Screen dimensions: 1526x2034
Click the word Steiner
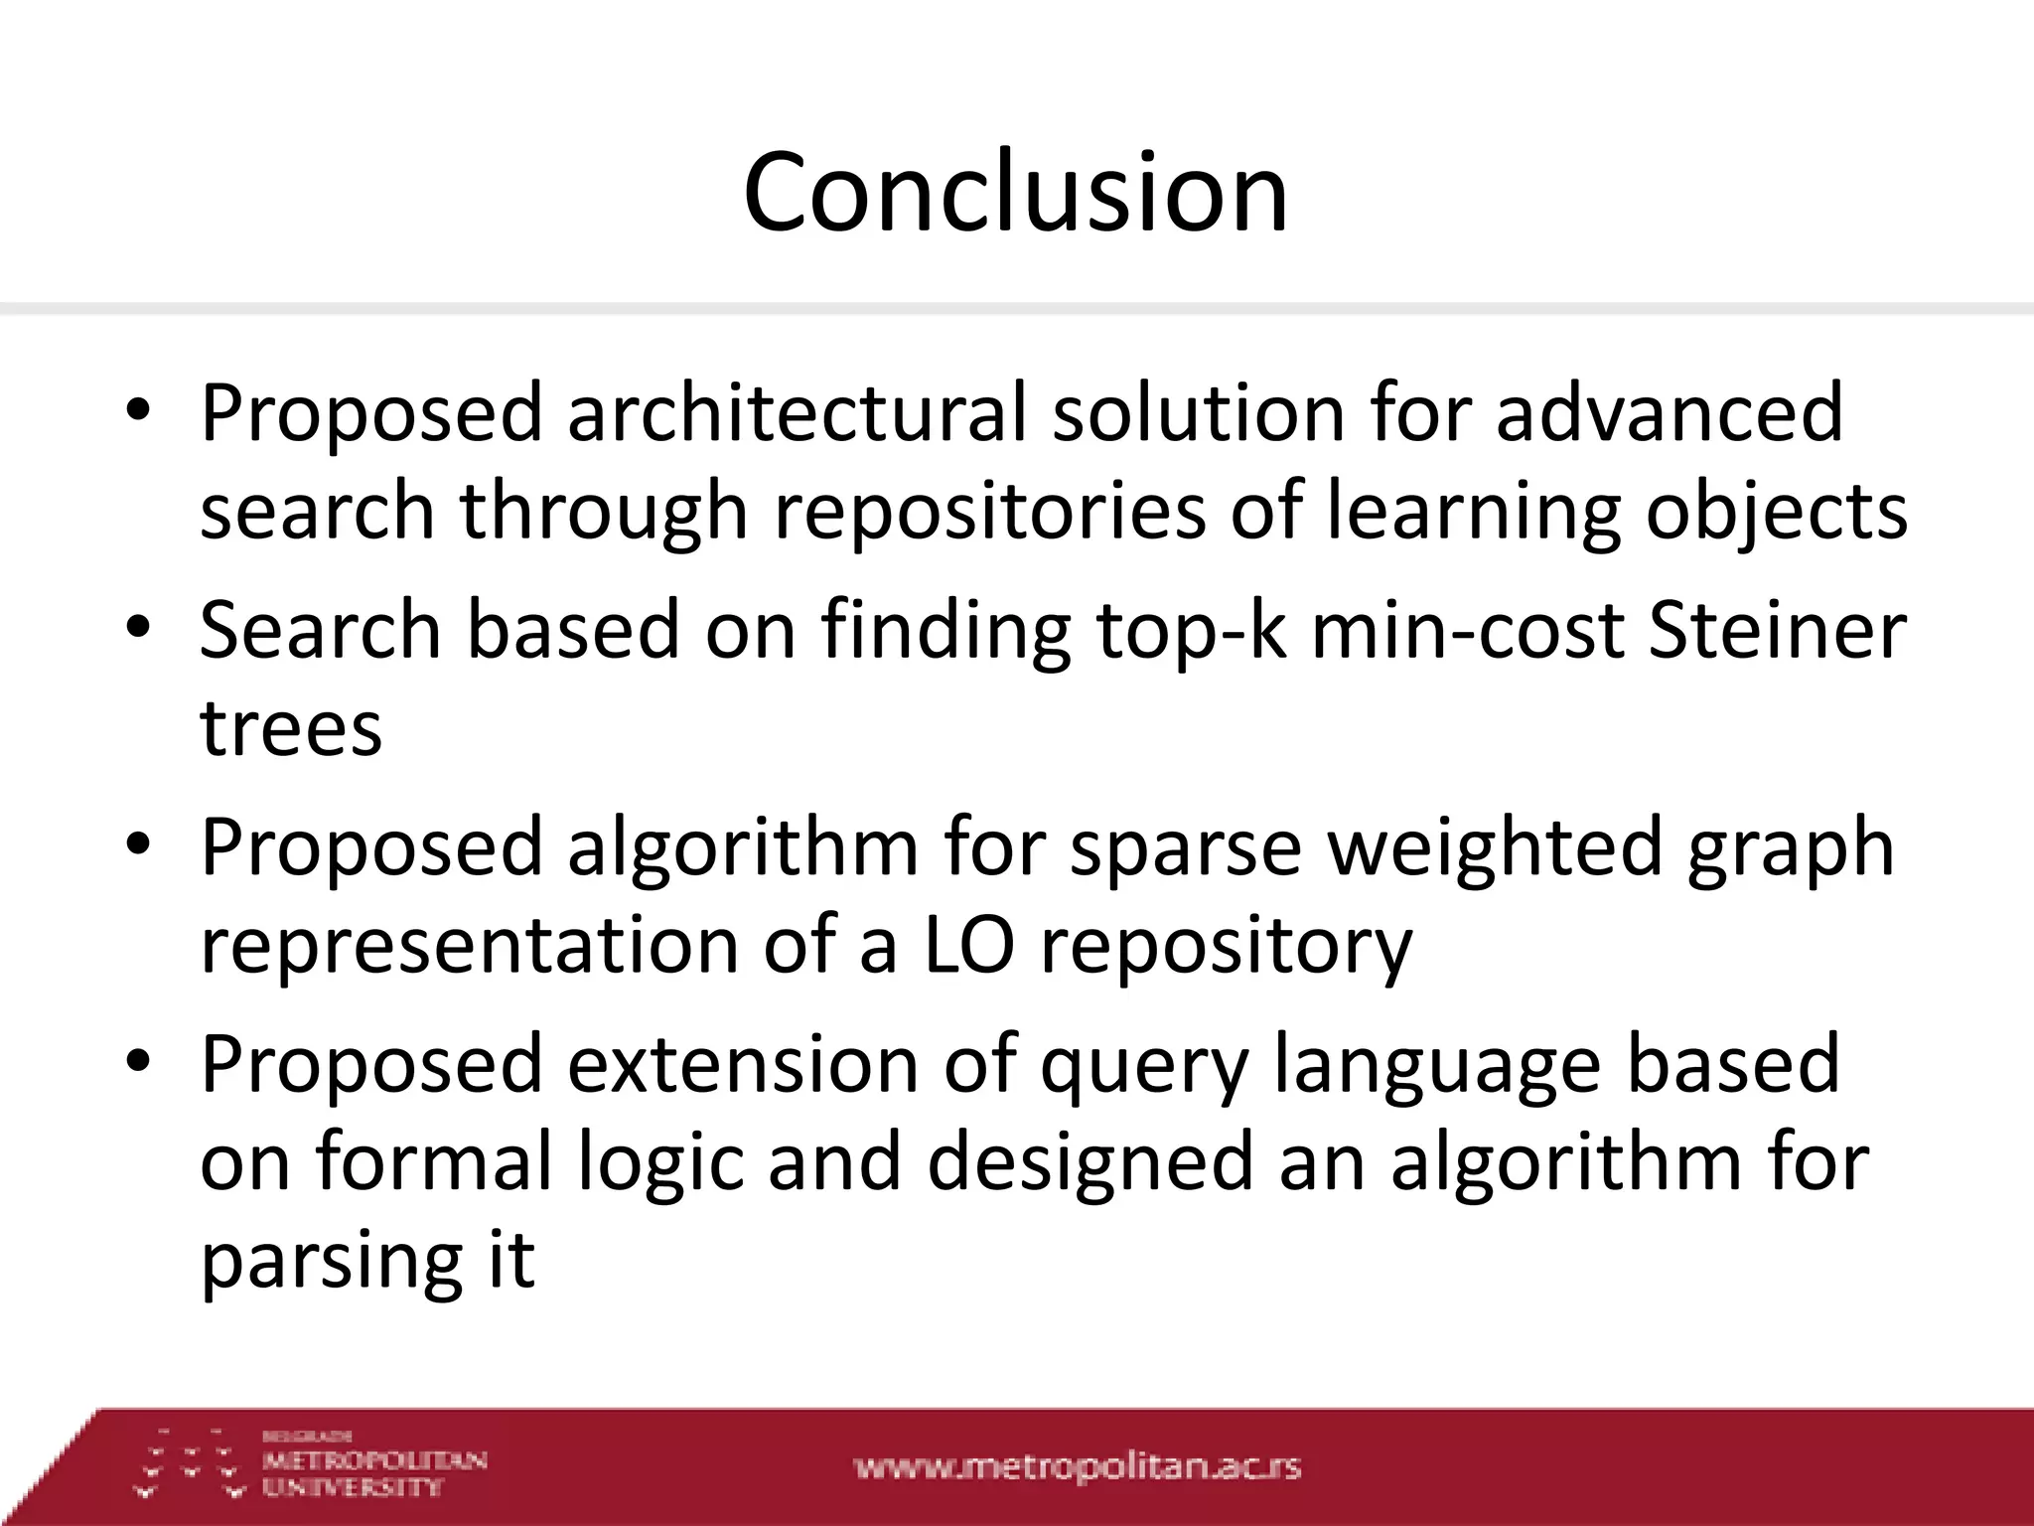pos(1777,630)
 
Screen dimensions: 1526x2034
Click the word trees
pos(291,727)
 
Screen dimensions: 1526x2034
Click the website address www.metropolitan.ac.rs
pos(1077,1468)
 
